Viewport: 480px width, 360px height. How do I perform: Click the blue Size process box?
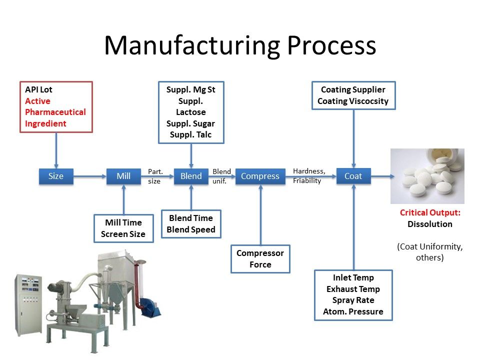[x=56, y=176]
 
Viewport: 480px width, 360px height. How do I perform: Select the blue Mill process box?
[x=123, y=176]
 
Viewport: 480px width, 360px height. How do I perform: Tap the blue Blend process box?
[x=191, y=176]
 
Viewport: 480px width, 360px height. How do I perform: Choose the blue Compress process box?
[x=260, y=176]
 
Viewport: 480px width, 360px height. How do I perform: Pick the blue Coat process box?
[x=353, y=176]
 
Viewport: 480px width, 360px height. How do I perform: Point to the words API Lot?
[x=38, y=90]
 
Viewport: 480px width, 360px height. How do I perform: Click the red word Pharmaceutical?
[x=55, y=112]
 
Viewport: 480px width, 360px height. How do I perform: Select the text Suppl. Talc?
[x=190, y=134]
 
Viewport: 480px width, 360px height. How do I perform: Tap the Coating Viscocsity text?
[x=353, y=101]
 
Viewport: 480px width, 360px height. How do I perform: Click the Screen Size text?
[x=123, y=234]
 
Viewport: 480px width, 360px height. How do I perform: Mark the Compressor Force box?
[x=260, y=258]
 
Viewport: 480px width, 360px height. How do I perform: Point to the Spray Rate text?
[x=353, y=300]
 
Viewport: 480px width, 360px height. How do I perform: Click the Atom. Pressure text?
[x=353, y=311]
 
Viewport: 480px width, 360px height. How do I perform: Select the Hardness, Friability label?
[x=309, y=176]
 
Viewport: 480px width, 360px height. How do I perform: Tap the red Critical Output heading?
[x=430, y=212]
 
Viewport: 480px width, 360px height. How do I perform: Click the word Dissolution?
[x=430, y=224]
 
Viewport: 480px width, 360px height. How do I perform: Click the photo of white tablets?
[x=427, y=176]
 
